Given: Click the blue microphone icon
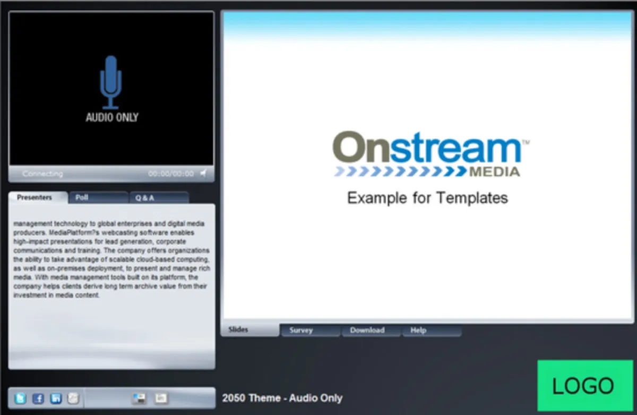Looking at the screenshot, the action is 111,82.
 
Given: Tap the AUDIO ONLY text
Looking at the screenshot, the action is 112,117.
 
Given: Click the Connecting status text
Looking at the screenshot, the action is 42,174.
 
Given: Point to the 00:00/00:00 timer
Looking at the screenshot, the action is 171,173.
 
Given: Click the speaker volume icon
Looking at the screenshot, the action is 204,173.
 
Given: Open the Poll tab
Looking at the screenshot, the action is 99,198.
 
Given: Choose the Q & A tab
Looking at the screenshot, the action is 159,198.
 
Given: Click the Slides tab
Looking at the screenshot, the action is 250,329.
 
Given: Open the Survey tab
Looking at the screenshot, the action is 311,331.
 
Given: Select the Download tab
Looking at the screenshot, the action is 371,331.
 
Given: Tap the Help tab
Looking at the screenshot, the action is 432,331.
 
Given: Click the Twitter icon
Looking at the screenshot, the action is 21,398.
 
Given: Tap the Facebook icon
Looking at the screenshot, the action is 38,399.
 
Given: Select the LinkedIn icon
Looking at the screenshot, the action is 56,399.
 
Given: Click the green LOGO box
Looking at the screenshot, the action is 585,385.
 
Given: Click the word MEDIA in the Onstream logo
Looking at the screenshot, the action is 495,172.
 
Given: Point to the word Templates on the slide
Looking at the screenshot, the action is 472,198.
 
